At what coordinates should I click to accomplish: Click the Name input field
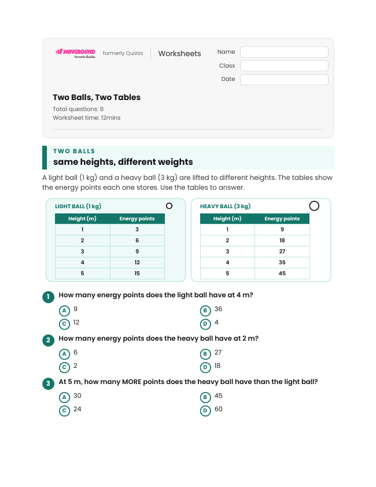click(x=284, y=52)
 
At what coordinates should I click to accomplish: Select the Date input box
click(x=284, y=79)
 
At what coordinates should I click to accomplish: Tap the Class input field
click(x=284, y=66)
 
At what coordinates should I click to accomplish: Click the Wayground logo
click(x=76, y=53)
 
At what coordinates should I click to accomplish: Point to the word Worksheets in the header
click(x=179, y=53)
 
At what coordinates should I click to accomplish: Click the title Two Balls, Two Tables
click(x=97, y=97)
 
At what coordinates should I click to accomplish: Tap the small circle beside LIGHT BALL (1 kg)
click(x=169, y=205)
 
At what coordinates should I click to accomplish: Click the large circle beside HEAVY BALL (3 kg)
click(x=314, y=205)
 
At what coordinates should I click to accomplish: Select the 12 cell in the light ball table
click(x=137, y=263)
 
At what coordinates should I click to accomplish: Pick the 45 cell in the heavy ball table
click(x=282, y=274)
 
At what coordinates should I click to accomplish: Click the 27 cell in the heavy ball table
click(x=282, y=251)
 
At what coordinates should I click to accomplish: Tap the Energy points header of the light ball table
click(x=137, y=219)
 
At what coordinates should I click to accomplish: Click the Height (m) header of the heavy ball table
click(x=227, y=219)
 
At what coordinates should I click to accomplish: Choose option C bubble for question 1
click(x=64, y=324)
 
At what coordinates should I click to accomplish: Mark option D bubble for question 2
click(x=205, y=367)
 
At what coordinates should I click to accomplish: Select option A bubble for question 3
click(x=64, y=397)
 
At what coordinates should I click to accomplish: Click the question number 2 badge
click(x=48, y=340)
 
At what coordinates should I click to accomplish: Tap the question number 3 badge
click(x=48, y=383)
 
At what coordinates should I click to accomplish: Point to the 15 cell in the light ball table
click(x=137, y=274)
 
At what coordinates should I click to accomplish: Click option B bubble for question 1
click(x=205, y=311)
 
